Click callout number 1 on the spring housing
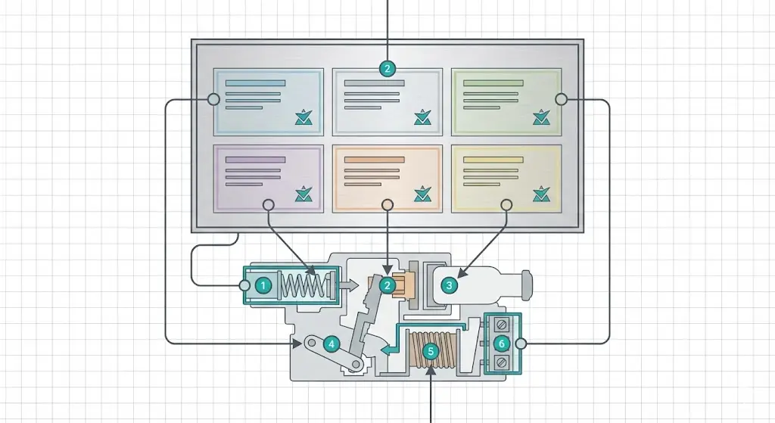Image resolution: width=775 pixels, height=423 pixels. pyautogui.click(x=263, y=285)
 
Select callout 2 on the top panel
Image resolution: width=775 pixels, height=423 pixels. pyautogui.click(x=387, y=69)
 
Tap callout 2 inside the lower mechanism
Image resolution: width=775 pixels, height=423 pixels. pyautogui.click(x=387, y=285)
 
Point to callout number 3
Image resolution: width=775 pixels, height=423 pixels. pyautogui.click(x=450, y=285)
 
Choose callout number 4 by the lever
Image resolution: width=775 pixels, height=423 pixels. pyautogui.click(x=331, y=344)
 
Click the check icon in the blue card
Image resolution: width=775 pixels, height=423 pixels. pyautogui.click(x=303, y=117)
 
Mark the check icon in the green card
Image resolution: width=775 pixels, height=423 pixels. pyautogui.click(x=541, y=117)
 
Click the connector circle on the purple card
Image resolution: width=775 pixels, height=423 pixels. pyautogui.click(x=268, y=204)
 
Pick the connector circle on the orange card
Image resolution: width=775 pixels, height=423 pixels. pyautogui.click(x=387, y=204)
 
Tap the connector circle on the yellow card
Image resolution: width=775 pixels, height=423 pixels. pyautogui.click(x=506, y=204)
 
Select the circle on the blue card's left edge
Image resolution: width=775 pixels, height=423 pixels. pyautogui.click(x=213, y=99)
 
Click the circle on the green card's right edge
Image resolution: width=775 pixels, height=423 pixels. pyautogui.click(x=561, y=99)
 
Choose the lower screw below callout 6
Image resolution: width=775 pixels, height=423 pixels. pyautogui.click(x=500, y=362)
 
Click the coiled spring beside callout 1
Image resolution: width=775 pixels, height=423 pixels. pyautogui.click(x=302, y=286)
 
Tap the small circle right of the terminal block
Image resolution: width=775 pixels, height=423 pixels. pyautogui.click(x=521, y=344)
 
